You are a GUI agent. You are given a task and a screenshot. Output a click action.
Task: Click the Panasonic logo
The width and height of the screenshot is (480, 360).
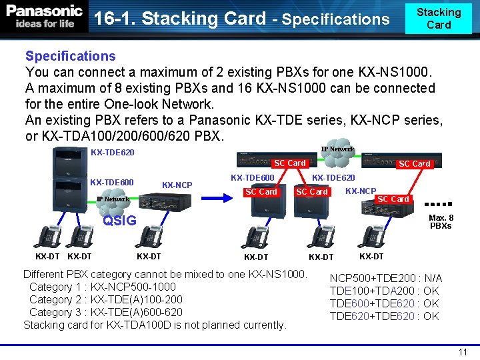tap(45, 16)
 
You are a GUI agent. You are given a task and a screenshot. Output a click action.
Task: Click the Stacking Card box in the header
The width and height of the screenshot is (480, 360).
tap(438, 19)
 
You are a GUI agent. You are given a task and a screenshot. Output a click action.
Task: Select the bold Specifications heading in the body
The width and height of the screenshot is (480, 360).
tap(70, 57)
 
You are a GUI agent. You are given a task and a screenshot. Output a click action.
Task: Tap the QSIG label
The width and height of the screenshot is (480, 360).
tap(119, 221)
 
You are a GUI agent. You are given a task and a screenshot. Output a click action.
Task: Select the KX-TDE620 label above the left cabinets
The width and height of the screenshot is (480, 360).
tap(112, 153)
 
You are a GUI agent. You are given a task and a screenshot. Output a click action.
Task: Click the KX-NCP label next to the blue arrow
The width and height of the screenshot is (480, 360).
tap(177, 185)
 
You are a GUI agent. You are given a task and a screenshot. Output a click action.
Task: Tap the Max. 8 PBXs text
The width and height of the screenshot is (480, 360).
tap(441, 221)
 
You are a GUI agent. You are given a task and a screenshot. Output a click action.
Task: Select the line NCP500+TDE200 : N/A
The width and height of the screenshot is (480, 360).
tap(385, 278)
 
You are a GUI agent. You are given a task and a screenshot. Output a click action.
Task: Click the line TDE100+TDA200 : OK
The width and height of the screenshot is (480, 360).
tap(384, 291)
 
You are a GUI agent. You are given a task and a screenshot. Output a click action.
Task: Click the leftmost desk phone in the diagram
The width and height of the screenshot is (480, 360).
tap(48, 237)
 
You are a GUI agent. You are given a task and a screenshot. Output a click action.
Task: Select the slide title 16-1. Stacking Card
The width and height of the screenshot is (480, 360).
tap(180, 19)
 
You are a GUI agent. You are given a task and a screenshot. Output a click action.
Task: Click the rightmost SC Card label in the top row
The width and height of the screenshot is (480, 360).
tap(414, 163)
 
